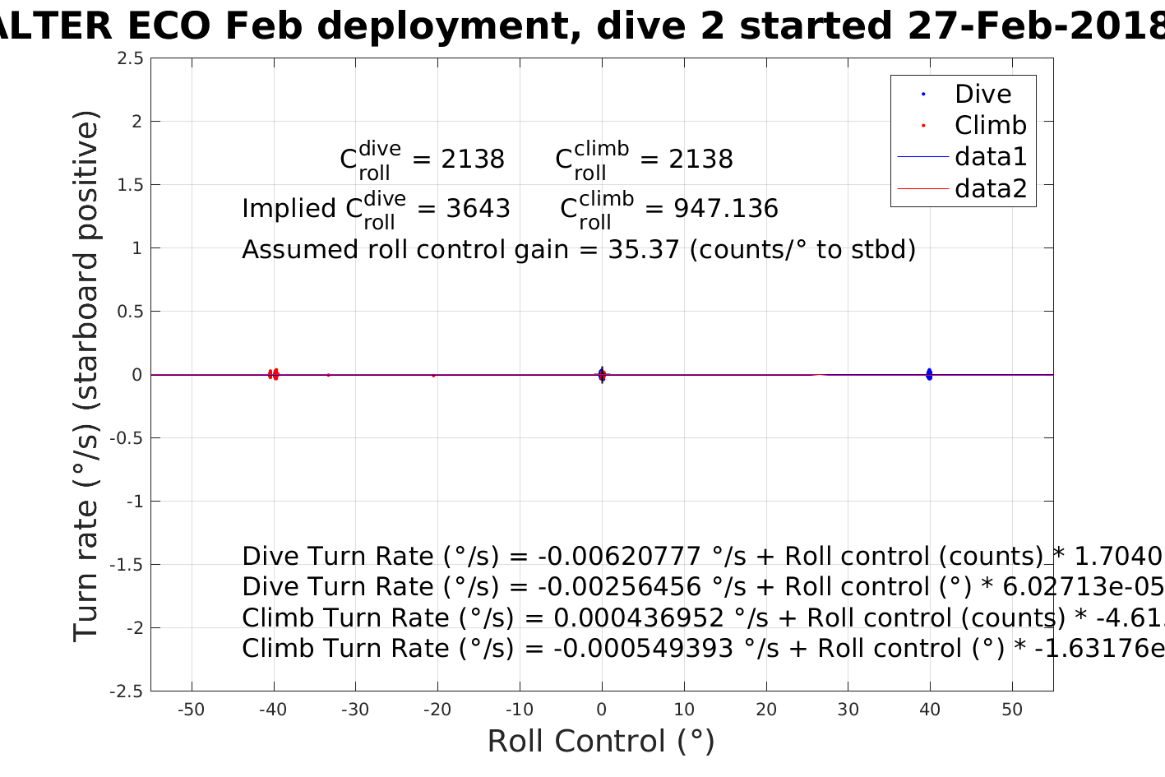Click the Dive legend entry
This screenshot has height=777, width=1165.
click(x=982, y=95)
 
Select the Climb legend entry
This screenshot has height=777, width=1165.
click(x=990, y=126)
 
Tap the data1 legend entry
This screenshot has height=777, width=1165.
click(x=990, y=157)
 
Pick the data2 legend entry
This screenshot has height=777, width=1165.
click(x=990, y=189)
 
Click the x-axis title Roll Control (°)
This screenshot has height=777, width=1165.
click(x=601, y=742)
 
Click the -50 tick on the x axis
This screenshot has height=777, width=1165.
click(x=192, y=710)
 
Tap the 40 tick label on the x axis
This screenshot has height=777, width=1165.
click(x=930, y=710)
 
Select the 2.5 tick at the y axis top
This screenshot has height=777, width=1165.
click(x=131, y=58)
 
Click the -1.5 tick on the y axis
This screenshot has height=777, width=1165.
click(x=127, y=565)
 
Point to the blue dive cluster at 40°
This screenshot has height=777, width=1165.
click(x=929, y=374)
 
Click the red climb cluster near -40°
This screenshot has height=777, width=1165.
click(x=274, y=374)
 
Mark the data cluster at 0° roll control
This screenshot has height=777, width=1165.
click(x=602, y=375)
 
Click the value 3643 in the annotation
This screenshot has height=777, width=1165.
click(x=478, y=209)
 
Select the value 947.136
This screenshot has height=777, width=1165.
click(x=725, y=209)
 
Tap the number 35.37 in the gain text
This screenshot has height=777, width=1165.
click(x=644, y=249)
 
